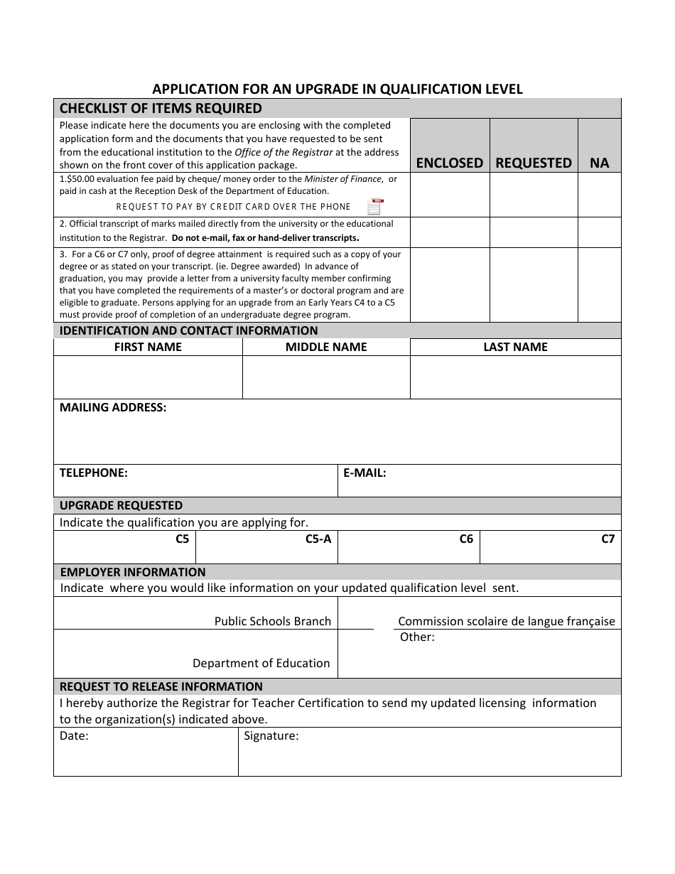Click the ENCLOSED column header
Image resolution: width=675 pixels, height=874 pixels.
click(x=449, y=163)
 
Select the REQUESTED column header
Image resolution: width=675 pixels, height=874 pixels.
click(x=533, y=163)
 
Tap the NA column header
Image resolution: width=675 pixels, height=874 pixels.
click(x=599, y=163)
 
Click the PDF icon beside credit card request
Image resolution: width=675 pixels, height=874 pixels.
click(x=374, y=207)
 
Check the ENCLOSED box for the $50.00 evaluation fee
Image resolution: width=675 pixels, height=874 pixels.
click(x=449, y=195)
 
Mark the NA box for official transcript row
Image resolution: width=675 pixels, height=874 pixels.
click(x=599, y=232)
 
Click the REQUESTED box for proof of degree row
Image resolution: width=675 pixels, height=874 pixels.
click(x=533, y=284)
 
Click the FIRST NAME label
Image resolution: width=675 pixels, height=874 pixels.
click(x=148, y=347)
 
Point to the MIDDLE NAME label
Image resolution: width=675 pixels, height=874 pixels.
click(x=326, y=347)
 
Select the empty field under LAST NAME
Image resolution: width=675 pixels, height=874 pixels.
click(x=515, y=377)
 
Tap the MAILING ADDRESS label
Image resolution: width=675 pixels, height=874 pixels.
click(x=113, y=408)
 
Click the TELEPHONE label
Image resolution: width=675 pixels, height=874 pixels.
click(x=93, y=473)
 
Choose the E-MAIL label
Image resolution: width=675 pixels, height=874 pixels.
click(x=364, y=473)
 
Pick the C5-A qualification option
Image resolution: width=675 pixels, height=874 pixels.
click(x=318, y=539)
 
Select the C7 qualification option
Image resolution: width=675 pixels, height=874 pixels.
click(x=607, y=539)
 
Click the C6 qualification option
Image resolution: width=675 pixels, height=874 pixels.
click(x=466, y=539)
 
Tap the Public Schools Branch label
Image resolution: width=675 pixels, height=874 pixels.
click(x=273, y=621)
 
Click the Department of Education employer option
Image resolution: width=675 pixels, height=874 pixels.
click(x=261, y=663)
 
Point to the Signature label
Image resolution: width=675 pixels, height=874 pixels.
click(x=271, y=736)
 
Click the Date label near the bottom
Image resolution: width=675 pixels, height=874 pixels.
click(x=74, y=736)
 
